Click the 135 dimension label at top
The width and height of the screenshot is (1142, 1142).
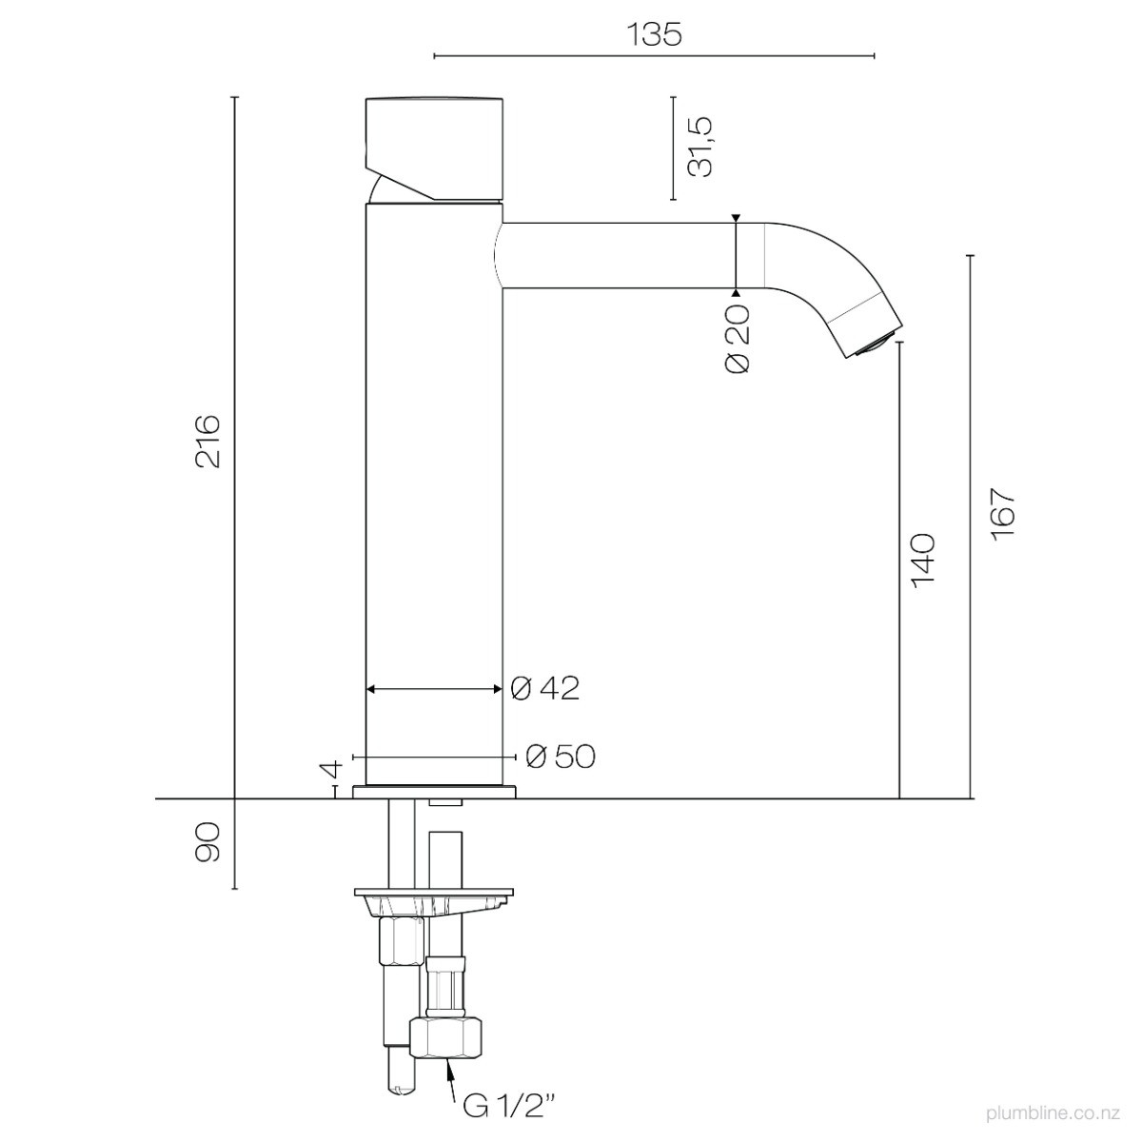654,34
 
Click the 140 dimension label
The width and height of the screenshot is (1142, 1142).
923,561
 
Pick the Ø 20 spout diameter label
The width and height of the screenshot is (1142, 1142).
738,339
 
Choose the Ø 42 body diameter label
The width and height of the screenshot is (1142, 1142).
544,689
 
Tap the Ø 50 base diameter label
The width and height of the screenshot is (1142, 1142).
561,757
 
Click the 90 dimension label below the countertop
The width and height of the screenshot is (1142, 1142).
208,841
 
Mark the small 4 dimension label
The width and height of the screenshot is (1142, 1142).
332,770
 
